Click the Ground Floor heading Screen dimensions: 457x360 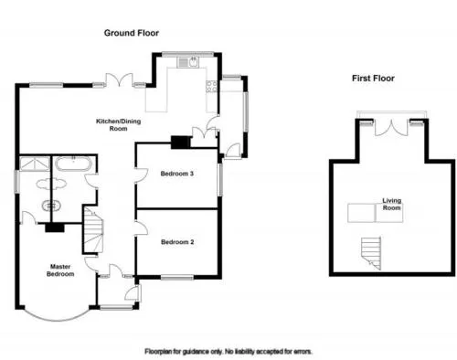pos(132,33)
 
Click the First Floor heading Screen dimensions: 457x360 pos(373,79)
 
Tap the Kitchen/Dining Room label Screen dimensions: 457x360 pos(119,125)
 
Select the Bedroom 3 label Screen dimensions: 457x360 pos(177,174)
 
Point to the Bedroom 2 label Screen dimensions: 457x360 pos(177,242)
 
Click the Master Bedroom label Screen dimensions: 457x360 pos(60,270)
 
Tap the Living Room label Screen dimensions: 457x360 pos(392,204)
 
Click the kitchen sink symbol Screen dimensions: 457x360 pos(188,62)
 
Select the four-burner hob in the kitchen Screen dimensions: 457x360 pos(211,86)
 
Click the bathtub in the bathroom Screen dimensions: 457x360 pos(73,164)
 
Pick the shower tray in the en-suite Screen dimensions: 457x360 pos(35,164)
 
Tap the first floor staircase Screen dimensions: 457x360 pos(371,253)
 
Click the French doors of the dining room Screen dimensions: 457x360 pos(119,80)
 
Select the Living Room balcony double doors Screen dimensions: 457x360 pos(391,128)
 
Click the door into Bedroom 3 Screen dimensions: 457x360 pos(141,175)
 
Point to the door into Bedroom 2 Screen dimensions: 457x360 pos(141,228)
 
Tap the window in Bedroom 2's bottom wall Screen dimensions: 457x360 pos(177,278)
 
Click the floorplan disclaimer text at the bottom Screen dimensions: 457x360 pos(228,352)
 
